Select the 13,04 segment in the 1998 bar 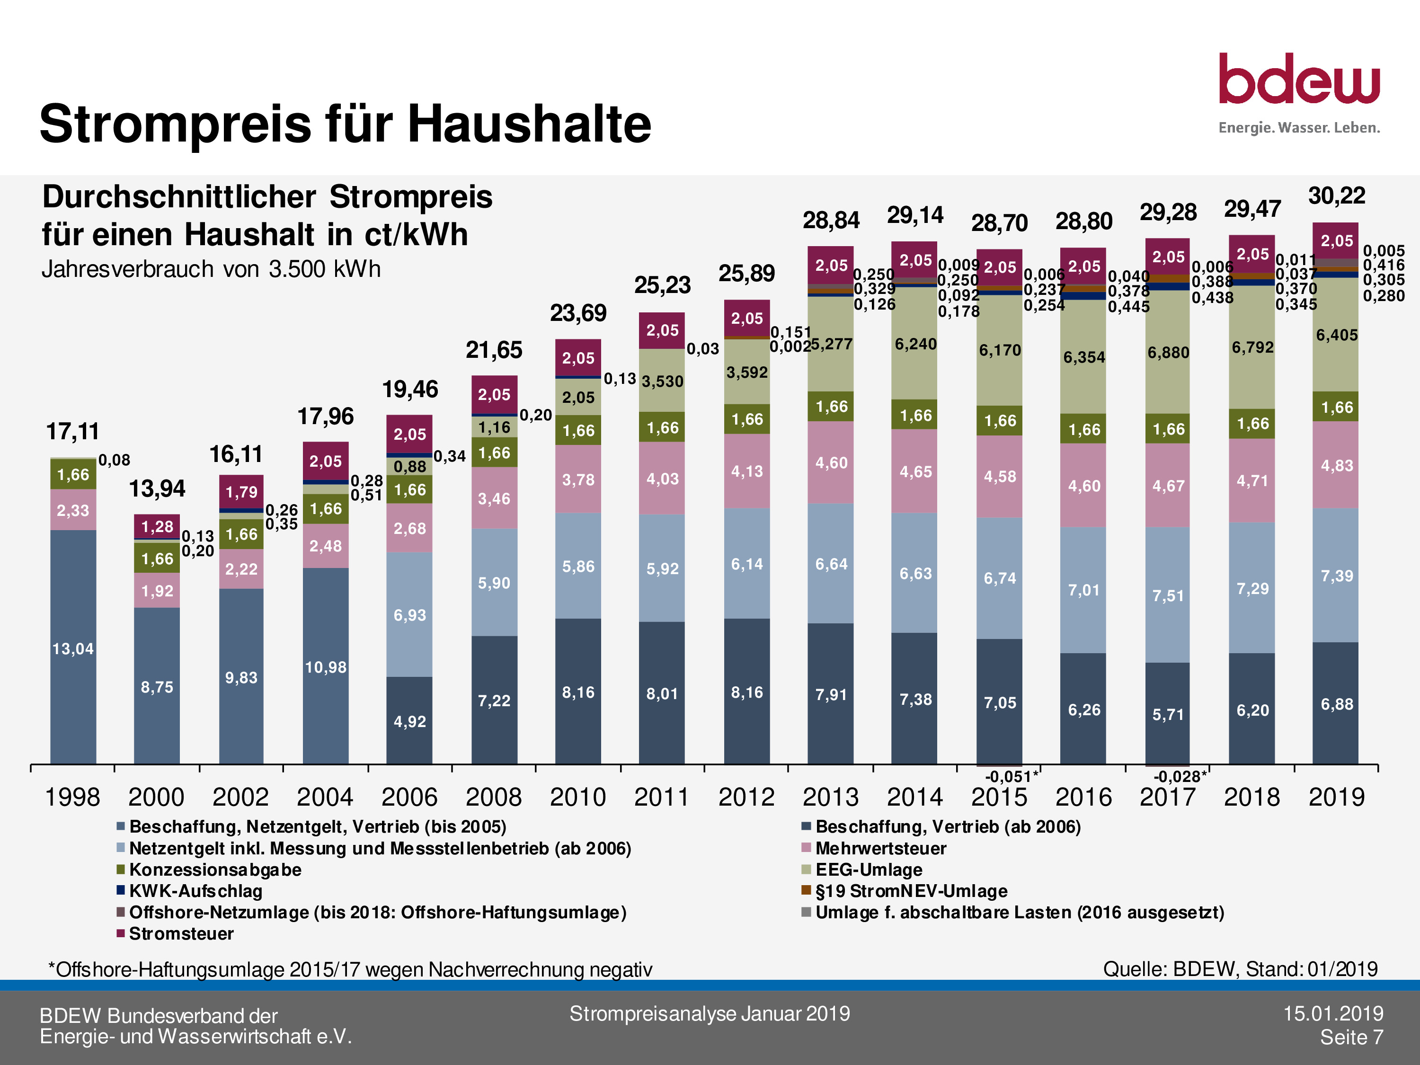tap(73, 648)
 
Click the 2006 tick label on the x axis tap(409, 797)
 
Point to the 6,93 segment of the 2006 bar tap(409, 615)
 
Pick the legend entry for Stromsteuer tap(181, 933)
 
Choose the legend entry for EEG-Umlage tap(869, 870)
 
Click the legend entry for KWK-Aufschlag tap(196, 891)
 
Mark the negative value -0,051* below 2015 tap(1011, 777)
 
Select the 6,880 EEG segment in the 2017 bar tap(1168, 353)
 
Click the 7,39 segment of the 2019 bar tap(1337, 576)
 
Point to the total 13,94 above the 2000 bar tap(157, 489)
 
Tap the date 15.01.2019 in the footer tap(1333, 1014)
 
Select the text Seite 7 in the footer tap(1351, 1037)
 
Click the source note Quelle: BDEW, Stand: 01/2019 tap(1240, 969)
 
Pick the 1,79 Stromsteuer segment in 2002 tap(241, 492)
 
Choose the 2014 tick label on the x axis tap(915, 797)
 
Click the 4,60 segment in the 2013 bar tap(831, 463)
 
